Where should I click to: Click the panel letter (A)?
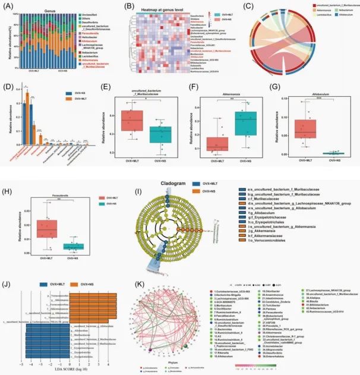[8, 6]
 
